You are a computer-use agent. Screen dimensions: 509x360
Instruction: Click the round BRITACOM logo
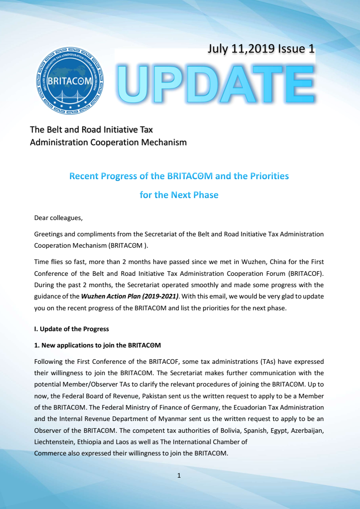(x=69, y=81)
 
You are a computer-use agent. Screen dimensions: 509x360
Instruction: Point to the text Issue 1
(x=296, y=49)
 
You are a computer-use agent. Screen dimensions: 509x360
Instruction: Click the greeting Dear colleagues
(x=58, y=218)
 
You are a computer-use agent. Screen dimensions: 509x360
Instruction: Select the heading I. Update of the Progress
(x=71, y=329)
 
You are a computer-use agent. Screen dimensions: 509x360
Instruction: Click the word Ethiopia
(x=92, y=441)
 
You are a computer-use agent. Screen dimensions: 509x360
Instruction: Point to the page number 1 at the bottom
(x=179, y=475)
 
